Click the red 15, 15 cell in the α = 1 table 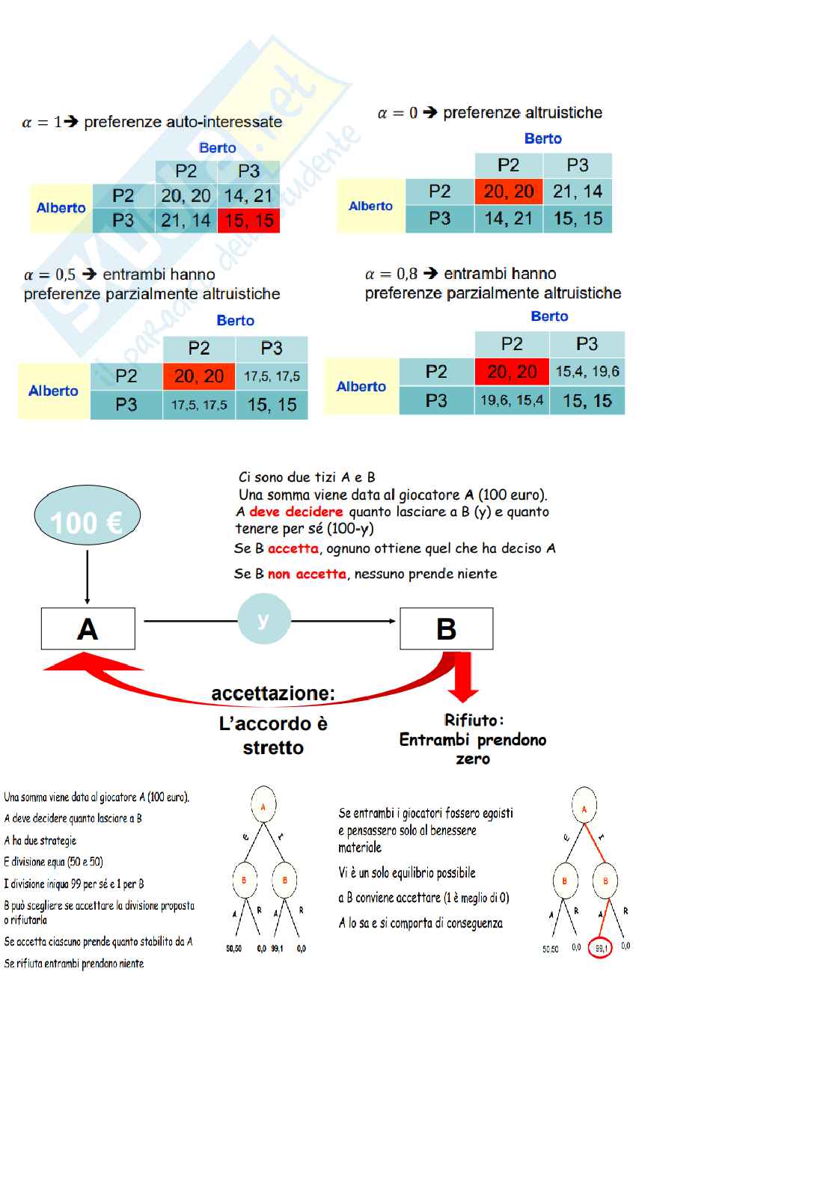(248, 221)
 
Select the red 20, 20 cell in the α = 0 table (509, 192)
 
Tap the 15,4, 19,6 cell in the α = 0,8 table (587, 372)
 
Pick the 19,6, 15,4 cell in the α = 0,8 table (512, 400)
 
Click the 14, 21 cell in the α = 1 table (248, 196)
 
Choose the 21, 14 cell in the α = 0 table (578, 192)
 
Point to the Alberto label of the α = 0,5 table (53, 391)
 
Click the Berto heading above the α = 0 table (542, 138)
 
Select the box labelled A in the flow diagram (88, 628)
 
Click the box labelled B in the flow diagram (446, 628)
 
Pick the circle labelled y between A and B (263, 619)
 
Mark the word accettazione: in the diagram (273, 693)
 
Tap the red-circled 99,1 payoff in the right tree (601, 948)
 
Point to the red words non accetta (307, 574)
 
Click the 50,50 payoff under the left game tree (234, 949)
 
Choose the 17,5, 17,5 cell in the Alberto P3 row (199, 405)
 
